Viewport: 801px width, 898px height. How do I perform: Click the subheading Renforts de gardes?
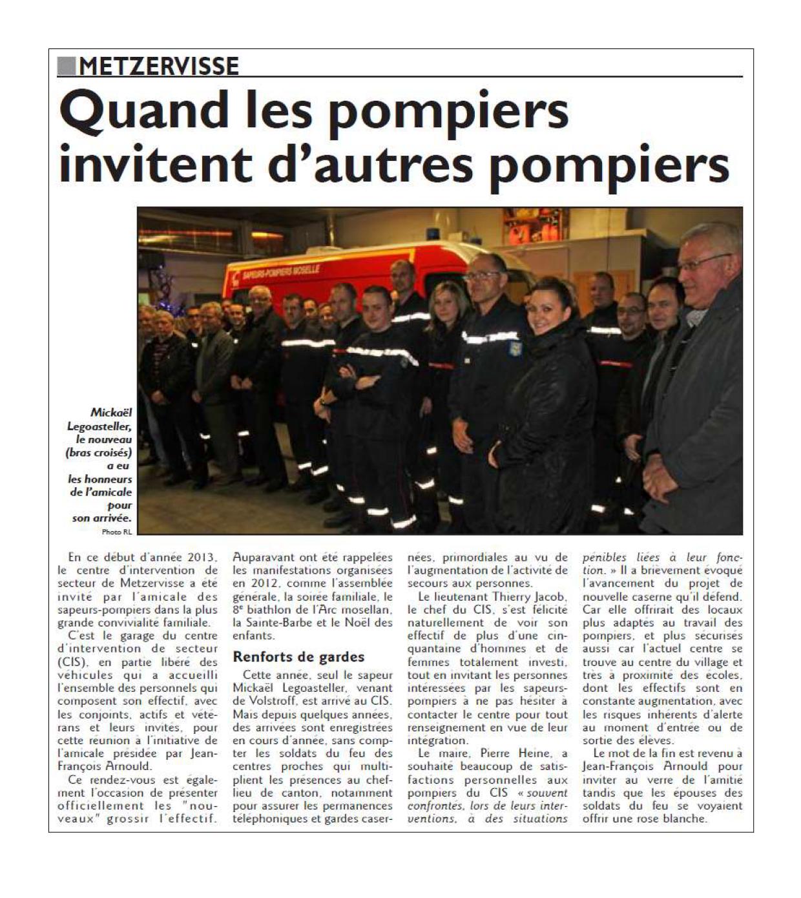(298, 657)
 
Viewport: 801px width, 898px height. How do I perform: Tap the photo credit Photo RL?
(116, 532)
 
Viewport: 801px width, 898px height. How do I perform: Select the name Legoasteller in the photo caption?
(99, 426)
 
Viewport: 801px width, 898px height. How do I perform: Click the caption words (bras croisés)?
(99, 452)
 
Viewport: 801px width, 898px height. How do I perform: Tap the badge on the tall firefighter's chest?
(517, 348)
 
